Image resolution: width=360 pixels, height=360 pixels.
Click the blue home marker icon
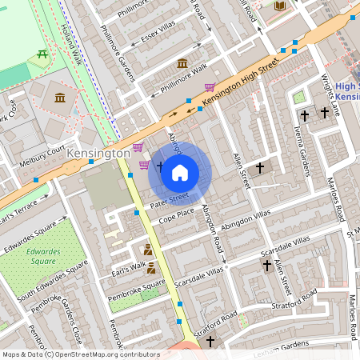[180, 172]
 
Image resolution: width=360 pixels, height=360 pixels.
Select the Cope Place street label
[176, 215]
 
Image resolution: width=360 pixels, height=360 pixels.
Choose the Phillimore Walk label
[182, 80]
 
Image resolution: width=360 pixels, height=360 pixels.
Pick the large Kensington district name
[99, 153]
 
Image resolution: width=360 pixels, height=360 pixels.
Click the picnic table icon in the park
[41, 54]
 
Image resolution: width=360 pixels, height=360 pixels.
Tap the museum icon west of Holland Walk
[60, 98]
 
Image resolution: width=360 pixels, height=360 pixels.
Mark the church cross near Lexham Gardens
[210, 342]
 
